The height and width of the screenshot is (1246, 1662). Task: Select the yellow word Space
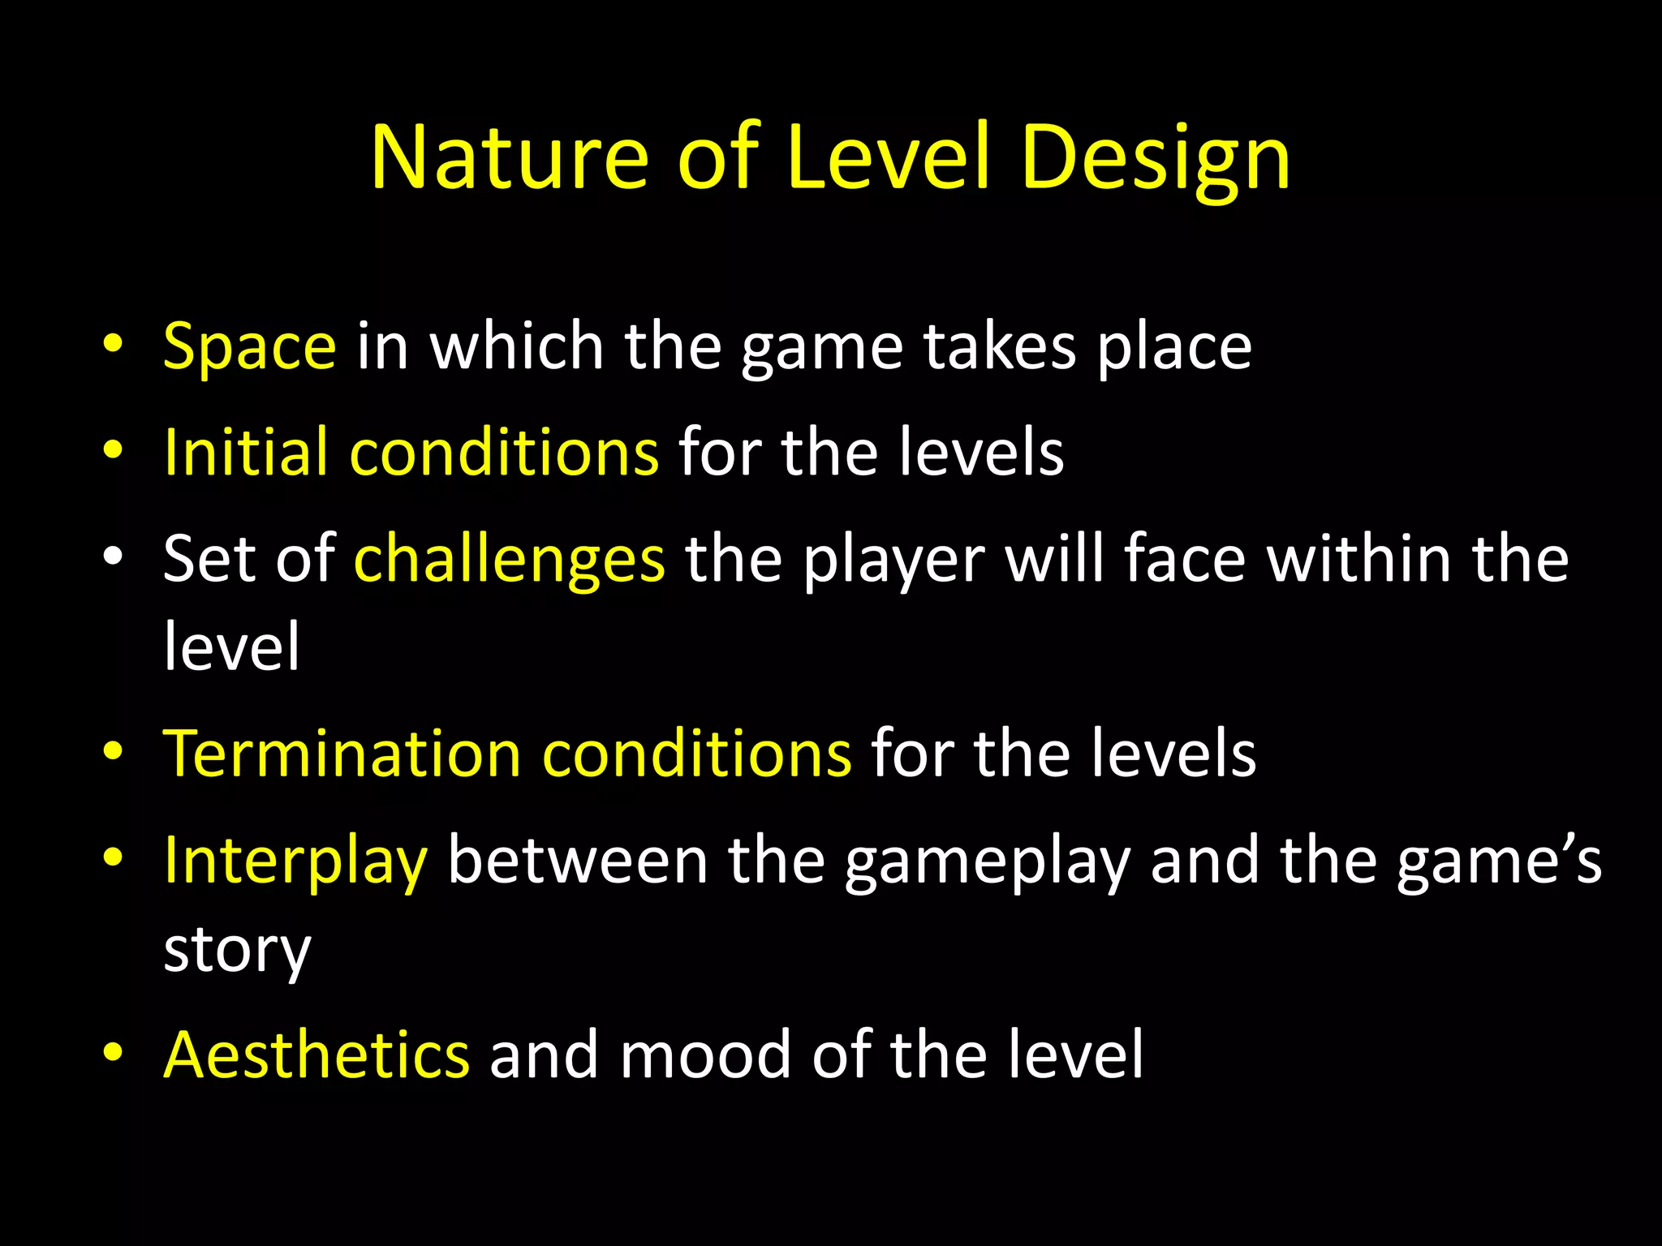(249, 346)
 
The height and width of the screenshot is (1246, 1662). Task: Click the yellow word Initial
(246, 451)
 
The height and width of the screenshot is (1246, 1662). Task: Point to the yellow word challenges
(510, 559)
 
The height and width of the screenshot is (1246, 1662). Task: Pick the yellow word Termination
(342, 754)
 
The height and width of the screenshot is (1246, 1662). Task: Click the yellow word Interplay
(295, 861)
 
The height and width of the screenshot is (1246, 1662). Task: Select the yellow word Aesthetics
(316, 1055)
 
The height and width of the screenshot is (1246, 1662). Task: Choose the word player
(893, 559)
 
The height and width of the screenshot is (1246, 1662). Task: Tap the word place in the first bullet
(1174, 346)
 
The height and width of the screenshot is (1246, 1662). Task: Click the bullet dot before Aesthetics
(113, 1052)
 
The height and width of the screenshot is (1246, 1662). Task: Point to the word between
(578, 861)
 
